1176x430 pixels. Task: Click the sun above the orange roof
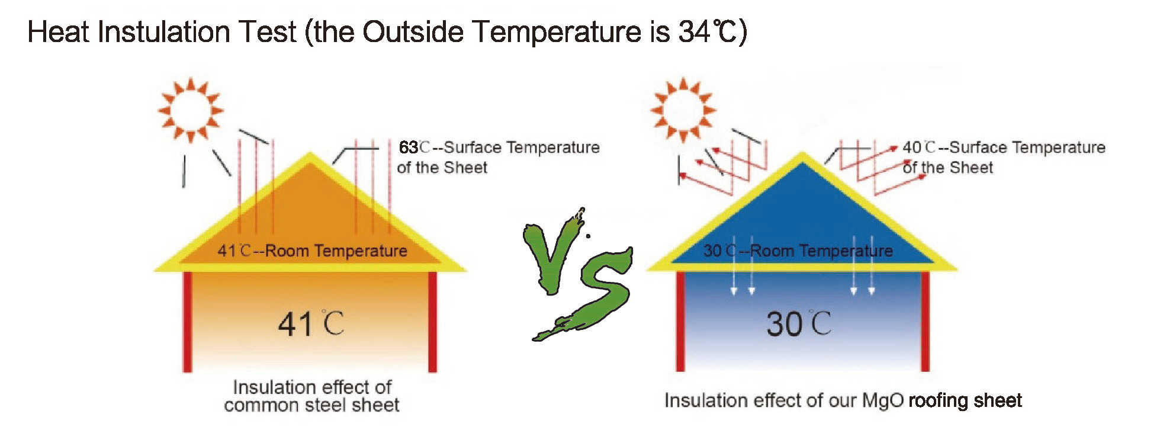(x=191, y=110)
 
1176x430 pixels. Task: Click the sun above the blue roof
(x=683, y=110)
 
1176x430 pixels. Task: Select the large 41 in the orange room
(x=295, y=325)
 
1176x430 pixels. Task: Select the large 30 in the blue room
(x=785, y=325)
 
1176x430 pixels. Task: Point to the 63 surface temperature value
(x=409, y=147)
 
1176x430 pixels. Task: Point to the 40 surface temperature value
(x=912, y=147)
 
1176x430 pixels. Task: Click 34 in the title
(x=694, y=32)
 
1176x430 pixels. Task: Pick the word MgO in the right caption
(x=883, y=401)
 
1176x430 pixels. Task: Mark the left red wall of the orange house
(x=187, y=322)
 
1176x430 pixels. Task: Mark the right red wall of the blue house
(x=925, y=322)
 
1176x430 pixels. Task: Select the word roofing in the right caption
(x=938, y=402)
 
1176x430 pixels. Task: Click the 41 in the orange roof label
(x=227, y=251)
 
